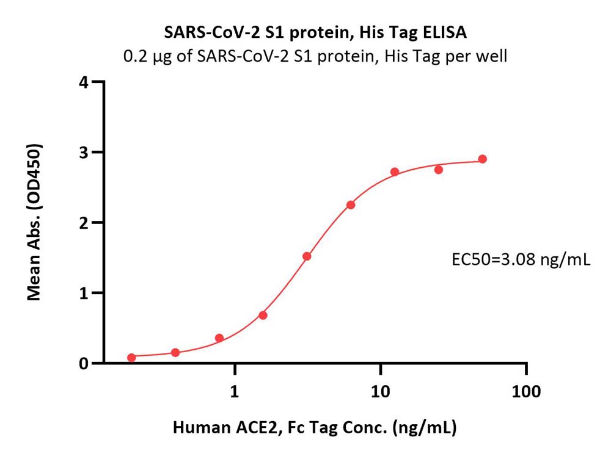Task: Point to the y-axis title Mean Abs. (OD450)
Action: click(35, 222)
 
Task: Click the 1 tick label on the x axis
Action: click(235, 391)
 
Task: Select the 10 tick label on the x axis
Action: click(381, 391)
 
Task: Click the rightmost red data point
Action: click(483, 159)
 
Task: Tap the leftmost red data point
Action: click(131, 358)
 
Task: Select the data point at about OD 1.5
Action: click(307, 256)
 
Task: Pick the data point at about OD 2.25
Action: click(351, 205)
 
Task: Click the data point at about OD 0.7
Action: click(263, 316)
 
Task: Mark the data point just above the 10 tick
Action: click(395, 172)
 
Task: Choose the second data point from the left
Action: click(175, 353)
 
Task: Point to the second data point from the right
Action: click(439, 170)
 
